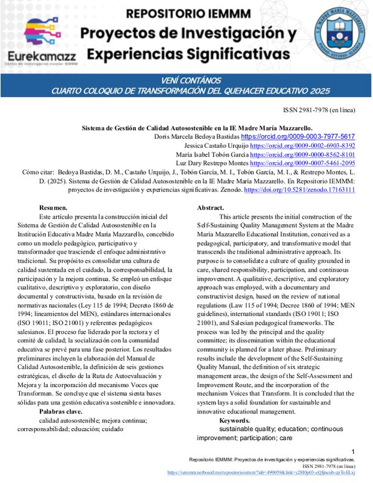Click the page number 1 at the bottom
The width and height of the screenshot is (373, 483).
352,452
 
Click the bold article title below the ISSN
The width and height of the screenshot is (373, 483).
197,128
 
